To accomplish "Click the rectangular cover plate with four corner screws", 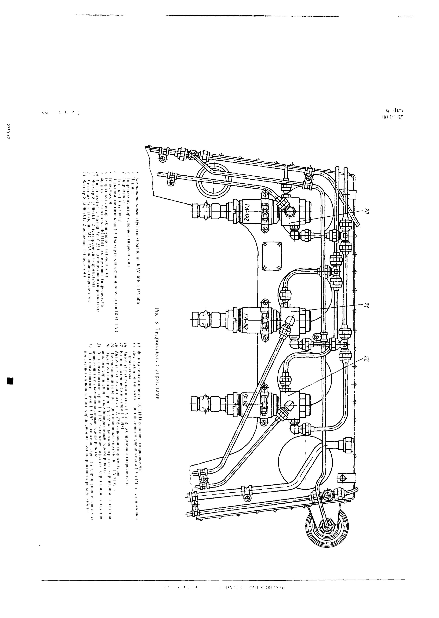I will [x=272, y=256].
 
